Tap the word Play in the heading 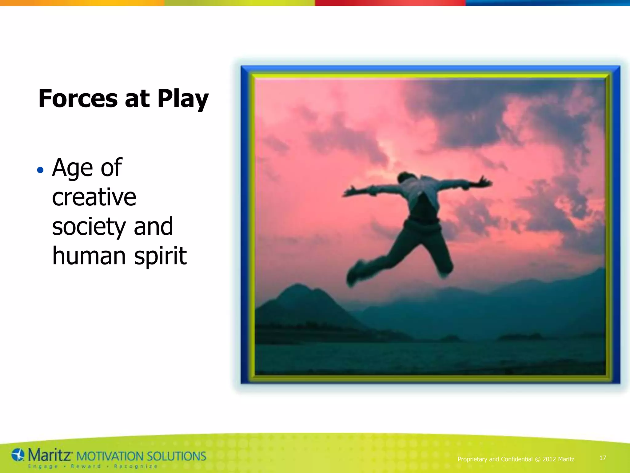(x=183, y=99)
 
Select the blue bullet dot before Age (x=40, y=170)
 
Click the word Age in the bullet (x=72, y=168)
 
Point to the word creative (x=94, y=197)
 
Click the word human (x=89, y=256)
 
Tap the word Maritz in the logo (x=50, y=455)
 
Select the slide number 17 (x=603, y=458)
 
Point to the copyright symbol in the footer (x=538, y=459)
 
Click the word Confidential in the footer (x=516, y=459)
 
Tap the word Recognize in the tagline (x=135, y=466)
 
